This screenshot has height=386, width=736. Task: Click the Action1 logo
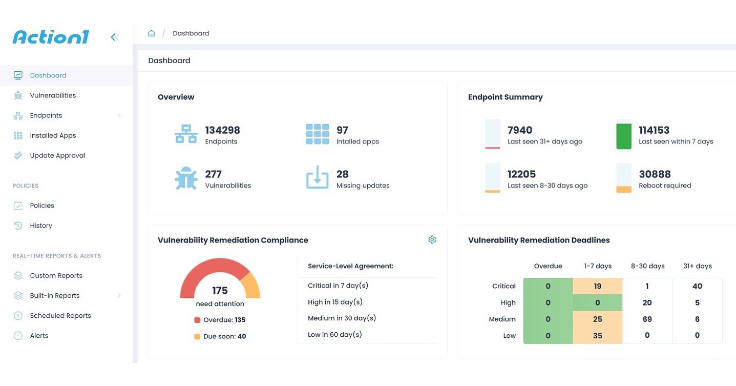51,37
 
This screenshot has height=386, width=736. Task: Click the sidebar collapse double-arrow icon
115,37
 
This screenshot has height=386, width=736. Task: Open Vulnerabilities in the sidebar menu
53,95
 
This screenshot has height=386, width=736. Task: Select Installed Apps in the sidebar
53,135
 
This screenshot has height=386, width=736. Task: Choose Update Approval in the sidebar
57,155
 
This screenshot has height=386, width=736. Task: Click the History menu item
41,226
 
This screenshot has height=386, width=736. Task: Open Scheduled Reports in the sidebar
60,316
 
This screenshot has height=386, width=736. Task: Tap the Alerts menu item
39,336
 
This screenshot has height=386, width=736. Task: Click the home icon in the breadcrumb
151,33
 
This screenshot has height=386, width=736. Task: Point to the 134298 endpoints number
222,130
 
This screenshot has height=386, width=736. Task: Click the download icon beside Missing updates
317,177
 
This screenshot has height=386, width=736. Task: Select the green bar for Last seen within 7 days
623,135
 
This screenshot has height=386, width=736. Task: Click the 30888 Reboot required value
655,174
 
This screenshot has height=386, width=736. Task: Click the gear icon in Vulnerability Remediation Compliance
432,240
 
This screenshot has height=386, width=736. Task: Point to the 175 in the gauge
220,291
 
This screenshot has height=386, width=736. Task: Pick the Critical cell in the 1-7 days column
597,286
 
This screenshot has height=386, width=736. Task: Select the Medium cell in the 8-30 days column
647,319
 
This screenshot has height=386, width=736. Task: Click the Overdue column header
548,266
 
